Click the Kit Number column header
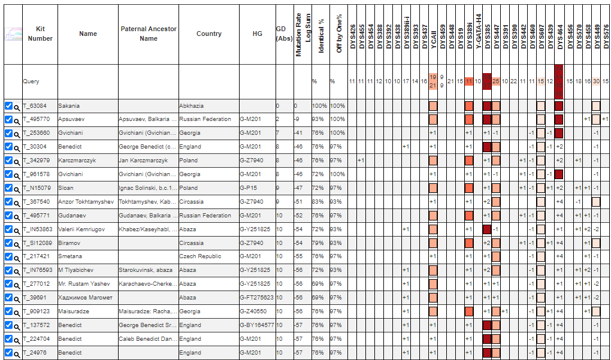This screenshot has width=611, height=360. (x=40, y=34)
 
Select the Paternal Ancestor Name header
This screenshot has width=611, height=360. (x=149, y=34)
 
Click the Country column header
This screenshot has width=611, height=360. (x=209, y=34)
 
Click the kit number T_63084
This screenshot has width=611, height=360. (x=35, y=106)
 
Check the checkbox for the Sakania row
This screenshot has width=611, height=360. (x=8, y=106)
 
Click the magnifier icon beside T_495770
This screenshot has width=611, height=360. (x=17, y=120)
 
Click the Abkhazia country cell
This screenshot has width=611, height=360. (x=191, y=106)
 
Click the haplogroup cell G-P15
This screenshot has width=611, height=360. (x=248, y=188)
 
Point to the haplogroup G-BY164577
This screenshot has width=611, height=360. (x=257, y=325)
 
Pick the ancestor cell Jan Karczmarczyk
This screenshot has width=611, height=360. (x=143, y=161)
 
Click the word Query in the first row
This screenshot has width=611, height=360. (x=31, y=81)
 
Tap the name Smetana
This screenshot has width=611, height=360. (x=69, y=256)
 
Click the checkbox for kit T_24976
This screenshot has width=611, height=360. (x=8, y=353)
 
